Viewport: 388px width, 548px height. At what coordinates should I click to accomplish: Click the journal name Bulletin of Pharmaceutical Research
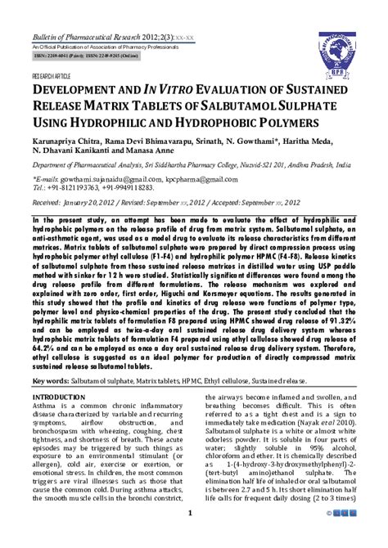pos(89,38)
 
